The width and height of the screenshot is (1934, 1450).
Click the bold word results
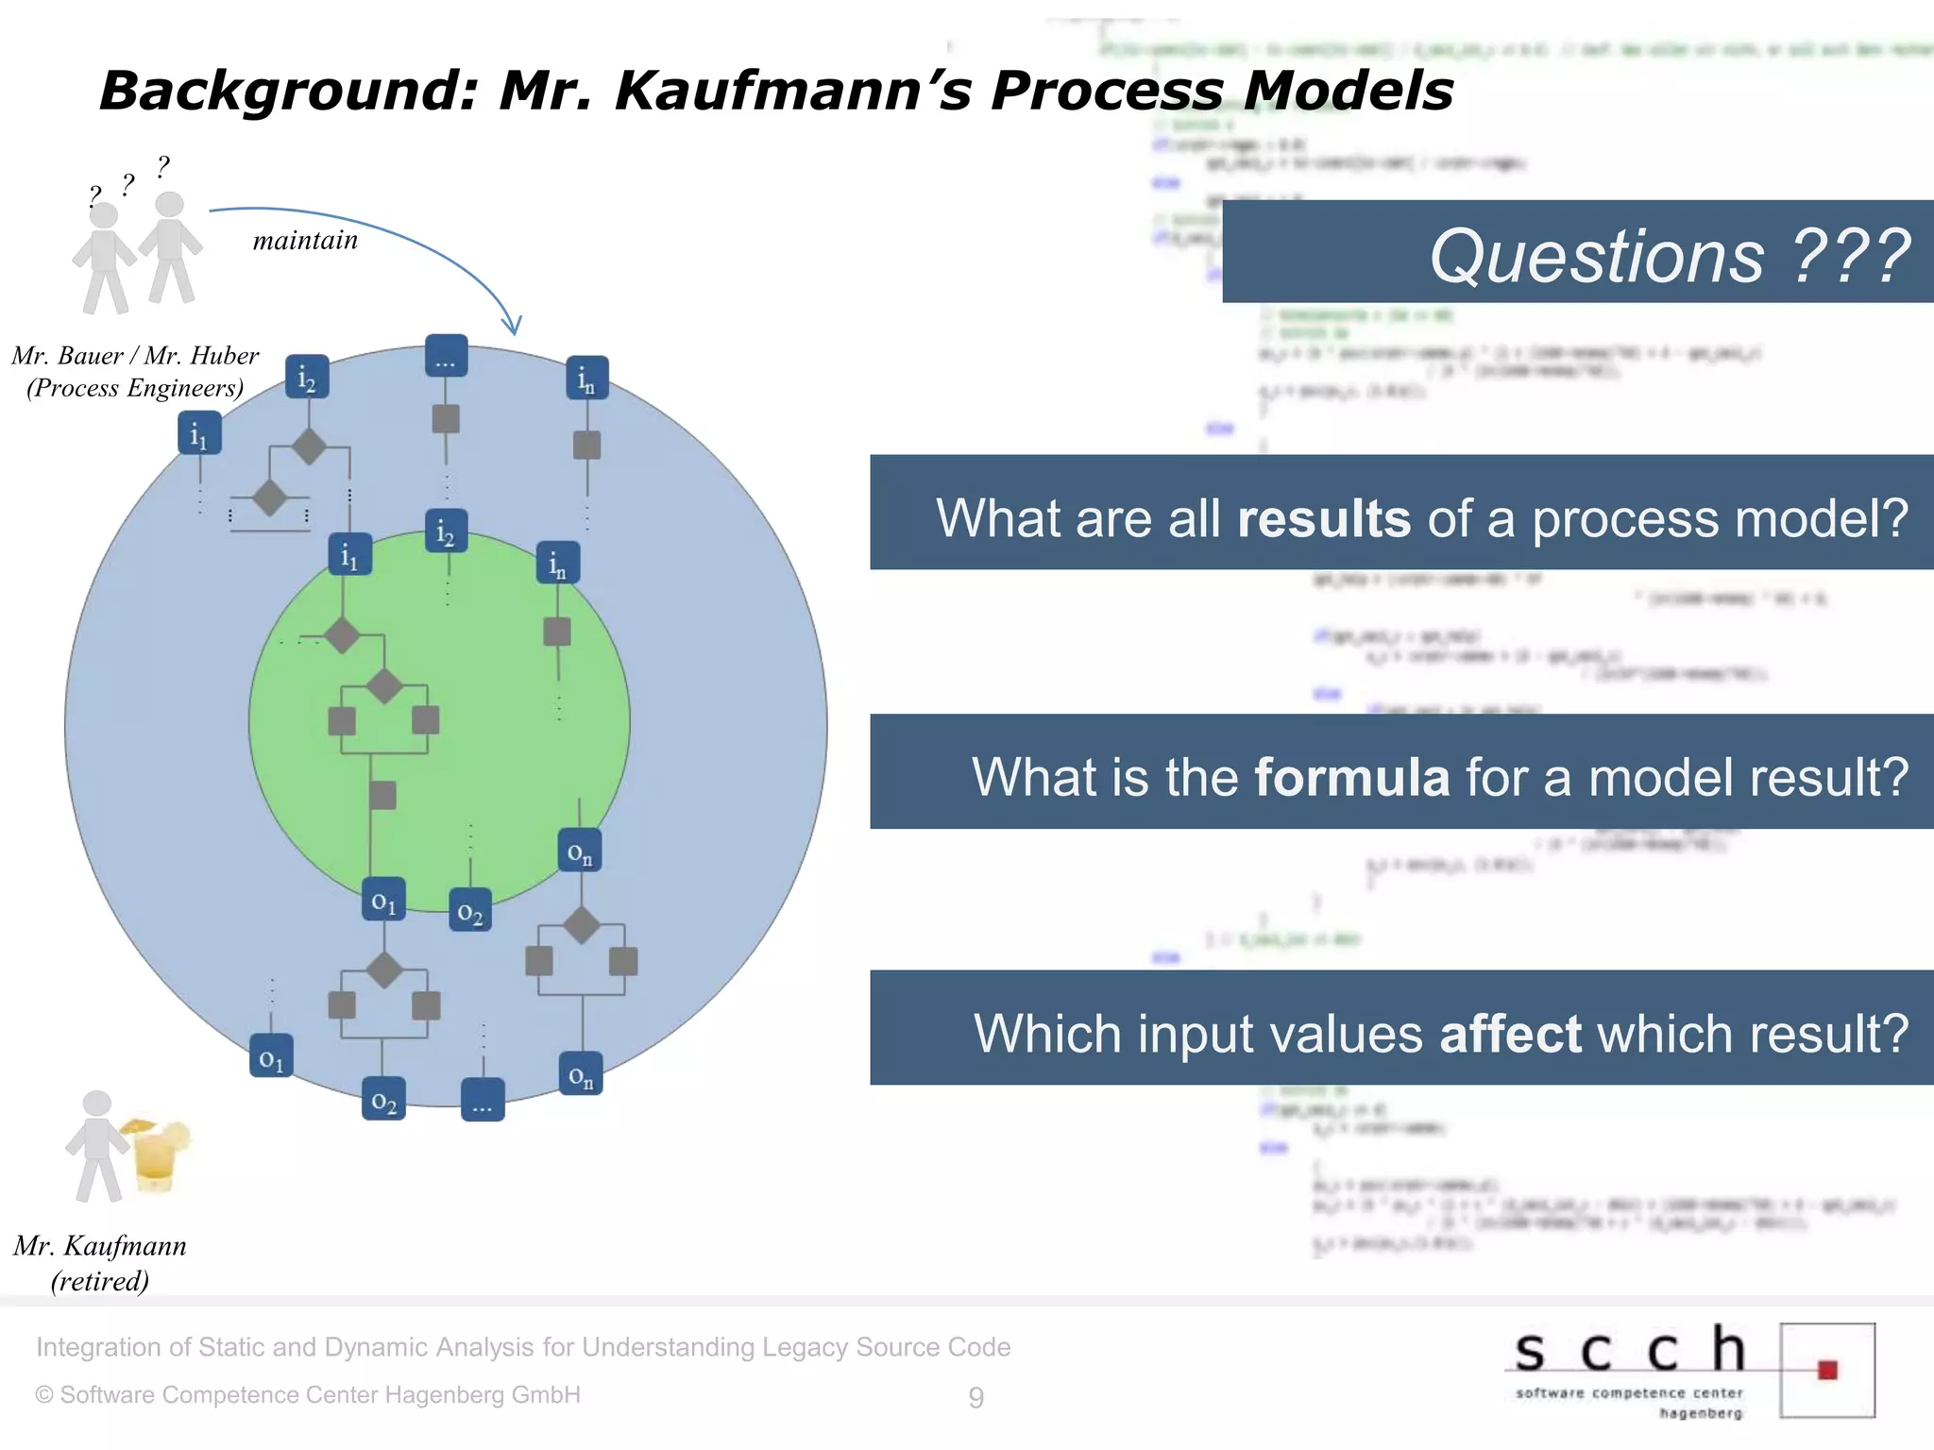[1323, 518]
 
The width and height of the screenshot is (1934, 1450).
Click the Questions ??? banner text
[1670, 256]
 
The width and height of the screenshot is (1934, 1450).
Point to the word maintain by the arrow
[305, 241]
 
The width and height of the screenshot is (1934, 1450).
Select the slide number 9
[975, 1397]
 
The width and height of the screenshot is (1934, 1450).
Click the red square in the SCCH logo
[1827, 1370]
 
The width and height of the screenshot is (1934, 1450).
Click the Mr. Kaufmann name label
[100, 1246]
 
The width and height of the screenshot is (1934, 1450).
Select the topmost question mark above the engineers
[163, 166]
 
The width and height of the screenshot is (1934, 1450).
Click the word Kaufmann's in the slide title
[792, 91]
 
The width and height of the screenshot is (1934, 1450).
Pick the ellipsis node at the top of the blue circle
[446, 356]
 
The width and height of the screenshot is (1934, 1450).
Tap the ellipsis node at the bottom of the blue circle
[483, 1100]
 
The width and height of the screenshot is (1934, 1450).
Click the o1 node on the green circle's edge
[383, 899]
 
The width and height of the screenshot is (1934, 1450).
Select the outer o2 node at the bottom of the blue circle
[383, 1099]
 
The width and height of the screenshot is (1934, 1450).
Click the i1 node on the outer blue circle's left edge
[199, 433]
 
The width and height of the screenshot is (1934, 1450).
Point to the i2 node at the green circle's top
[446, 531]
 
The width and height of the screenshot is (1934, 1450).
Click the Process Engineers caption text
[135, 388]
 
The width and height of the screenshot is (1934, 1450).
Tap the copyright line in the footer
[308, 1395]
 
